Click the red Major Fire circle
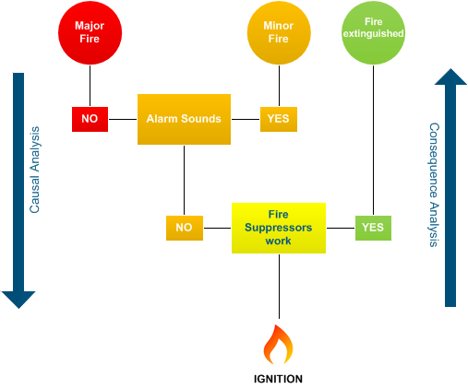90,32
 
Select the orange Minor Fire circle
278,33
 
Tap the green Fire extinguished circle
373,33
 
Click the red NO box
90,119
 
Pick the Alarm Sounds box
184,119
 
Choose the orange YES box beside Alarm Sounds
278,119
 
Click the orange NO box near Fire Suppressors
184,227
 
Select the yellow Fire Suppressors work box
278,227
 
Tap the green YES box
373,227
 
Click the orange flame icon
278,345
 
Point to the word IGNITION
278,378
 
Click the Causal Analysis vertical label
35,171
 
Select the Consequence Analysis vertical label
432,184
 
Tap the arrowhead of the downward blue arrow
18,299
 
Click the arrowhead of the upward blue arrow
450,78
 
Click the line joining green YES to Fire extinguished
373,138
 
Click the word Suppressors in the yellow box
278,227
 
